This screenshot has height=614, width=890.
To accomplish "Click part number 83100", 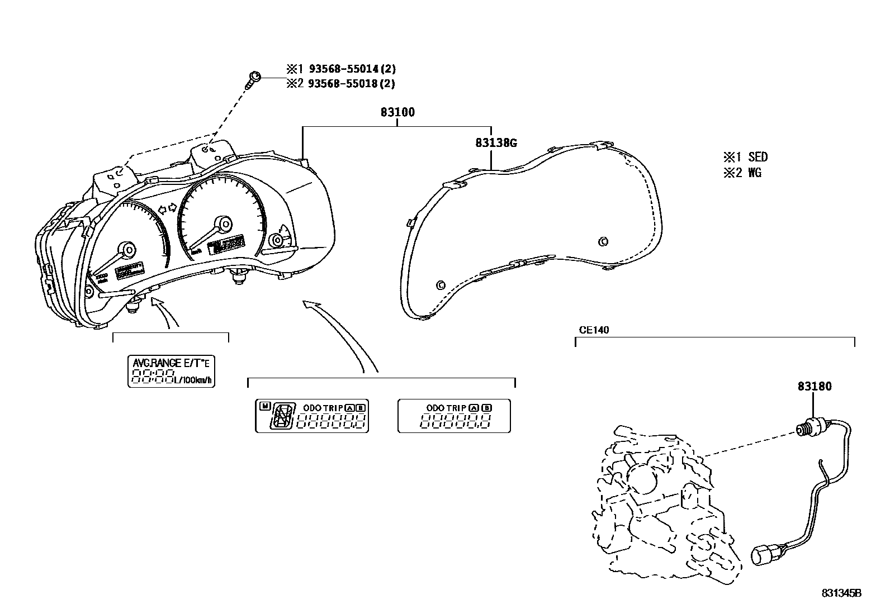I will pos(397,112).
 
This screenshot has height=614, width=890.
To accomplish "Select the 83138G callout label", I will pos(496,143).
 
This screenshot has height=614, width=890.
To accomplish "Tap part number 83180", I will pos(814,386).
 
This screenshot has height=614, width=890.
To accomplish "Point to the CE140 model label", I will pos(594,330).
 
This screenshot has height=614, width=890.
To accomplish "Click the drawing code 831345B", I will pos(841,593).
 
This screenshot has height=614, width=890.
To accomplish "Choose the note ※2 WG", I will pos(742,173).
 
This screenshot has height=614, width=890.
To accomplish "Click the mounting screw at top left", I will pos(254,78).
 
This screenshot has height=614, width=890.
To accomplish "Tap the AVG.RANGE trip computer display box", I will pos(172,372).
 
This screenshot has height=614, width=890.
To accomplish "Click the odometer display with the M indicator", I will pos(312,416).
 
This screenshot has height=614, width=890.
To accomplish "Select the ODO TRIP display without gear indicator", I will pos(454,416).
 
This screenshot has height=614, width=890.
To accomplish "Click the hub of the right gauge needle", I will pos(225,225).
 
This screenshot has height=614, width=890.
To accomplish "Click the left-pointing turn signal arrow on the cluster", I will pos(163,210).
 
